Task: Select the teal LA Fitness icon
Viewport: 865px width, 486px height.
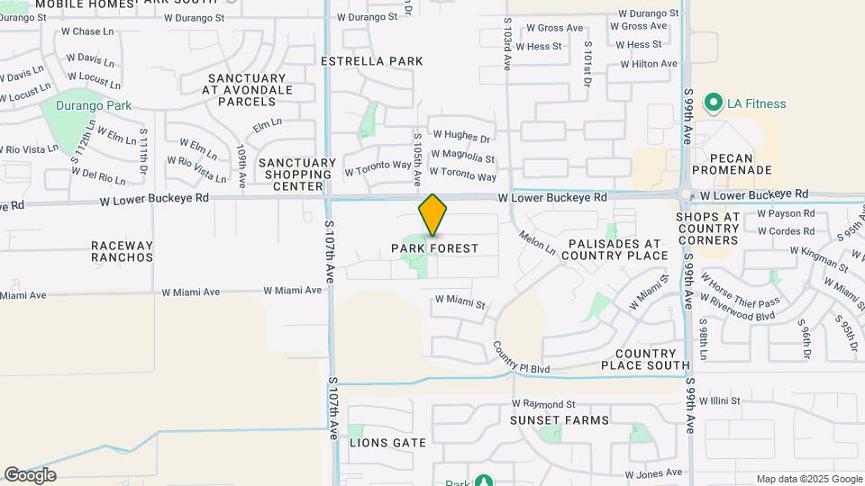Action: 715,103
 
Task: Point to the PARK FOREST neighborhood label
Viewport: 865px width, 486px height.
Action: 434,247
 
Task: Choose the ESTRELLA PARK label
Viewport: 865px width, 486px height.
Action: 372,61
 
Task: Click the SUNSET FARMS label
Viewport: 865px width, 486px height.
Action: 560,420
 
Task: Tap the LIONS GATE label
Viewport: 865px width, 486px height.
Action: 387,443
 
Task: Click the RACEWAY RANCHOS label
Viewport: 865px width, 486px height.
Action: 123,250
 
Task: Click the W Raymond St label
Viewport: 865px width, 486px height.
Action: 542,404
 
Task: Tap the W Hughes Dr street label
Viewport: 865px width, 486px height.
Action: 460,139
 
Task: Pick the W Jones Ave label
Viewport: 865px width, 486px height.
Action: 653,472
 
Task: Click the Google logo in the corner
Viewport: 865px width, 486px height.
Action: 30,474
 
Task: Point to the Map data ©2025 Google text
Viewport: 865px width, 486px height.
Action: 809,479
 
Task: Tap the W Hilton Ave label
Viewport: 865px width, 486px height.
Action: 648,64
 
